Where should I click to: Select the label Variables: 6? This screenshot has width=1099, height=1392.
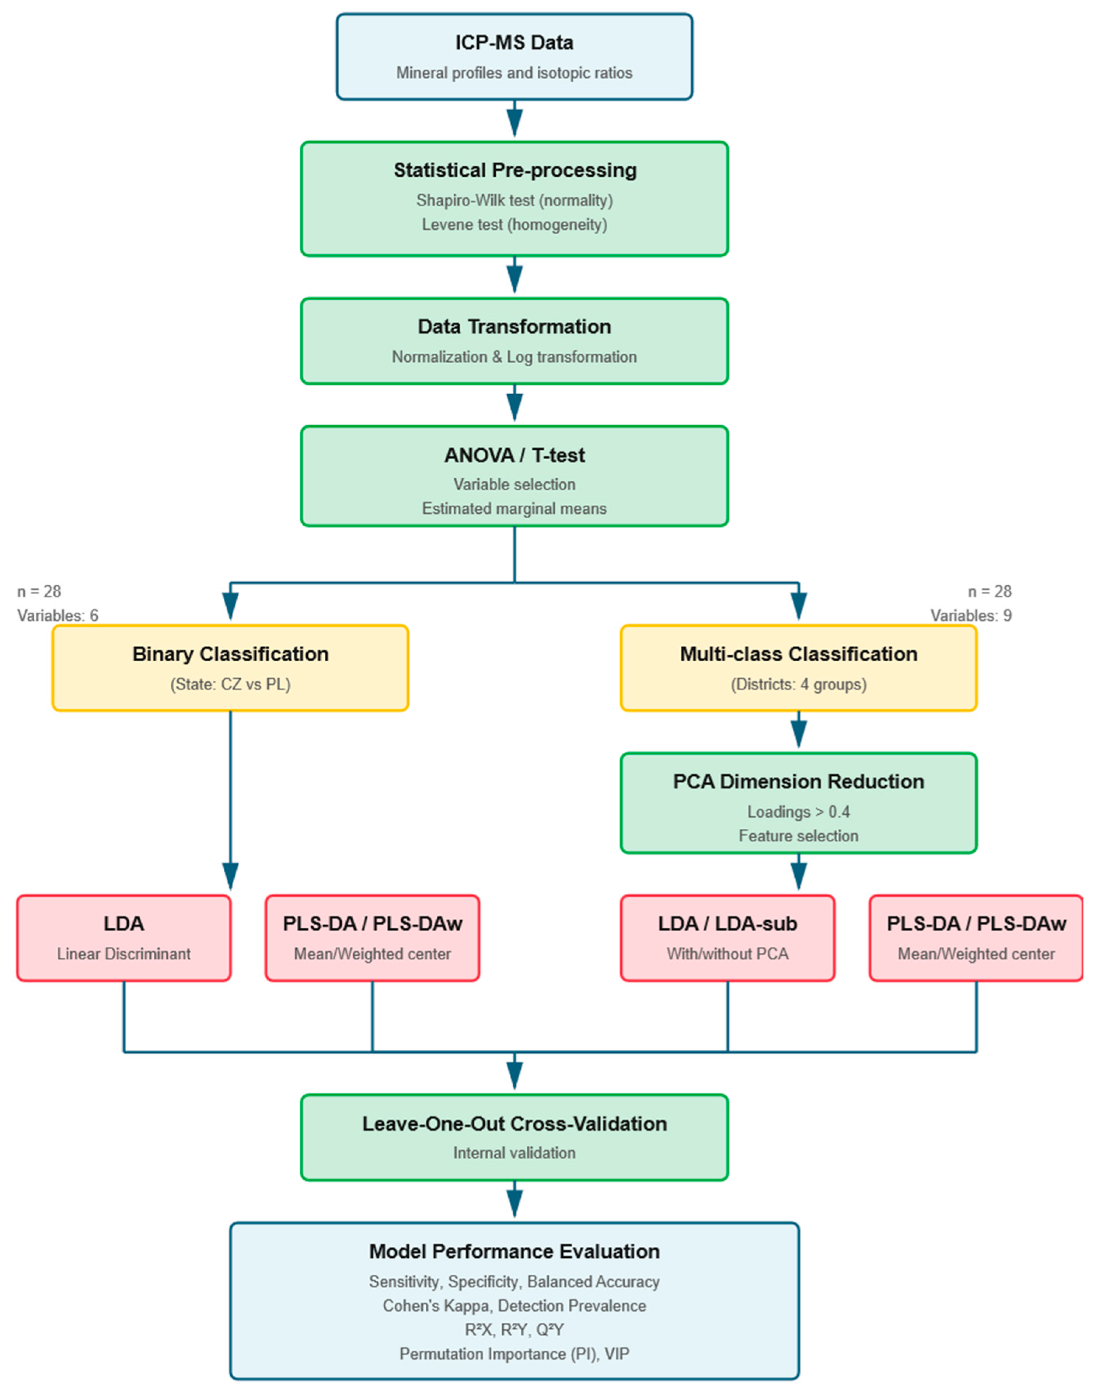click(58, 616)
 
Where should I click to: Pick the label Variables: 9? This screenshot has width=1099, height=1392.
click(971, 616)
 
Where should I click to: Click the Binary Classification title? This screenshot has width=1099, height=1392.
click(230, 654)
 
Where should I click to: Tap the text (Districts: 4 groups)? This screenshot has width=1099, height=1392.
click(799, 685)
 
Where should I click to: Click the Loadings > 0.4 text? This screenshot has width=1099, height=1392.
click(799, 812)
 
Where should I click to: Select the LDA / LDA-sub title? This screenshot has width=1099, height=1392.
click(728, 924)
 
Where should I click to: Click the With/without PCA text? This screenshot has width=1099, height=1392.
click(728, 954)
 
